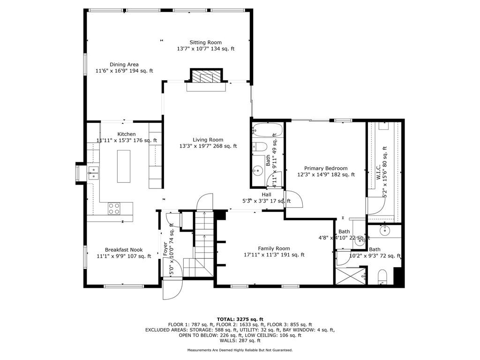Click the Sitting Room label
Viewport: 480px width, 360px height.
205,43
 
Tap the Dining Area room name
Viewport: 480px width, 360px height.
124,65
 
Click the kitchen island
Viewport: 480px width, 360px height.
124,166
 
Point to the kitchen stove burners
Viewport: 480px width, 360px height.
114,209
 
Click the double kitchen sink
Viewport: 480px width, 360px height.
93,173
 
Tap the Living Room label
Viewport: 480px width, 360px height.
208,140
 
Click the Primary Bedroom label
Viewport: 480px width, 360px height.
326,168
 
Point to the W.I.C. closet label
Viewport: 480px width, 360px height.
378,172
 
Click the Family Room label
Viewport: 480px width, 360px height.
274,248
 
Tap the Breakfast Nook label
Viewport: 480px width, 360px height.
124,250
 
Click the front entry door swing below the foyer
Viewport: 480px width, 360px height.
172,289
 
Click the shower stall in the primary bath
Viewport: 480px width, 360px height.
351,276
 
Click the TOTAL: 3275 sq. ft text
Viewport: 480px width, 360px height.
240,319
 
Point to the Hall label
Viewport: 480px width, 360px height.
266,195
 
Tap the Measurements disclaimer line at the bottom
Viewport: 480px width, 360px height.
240,350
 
